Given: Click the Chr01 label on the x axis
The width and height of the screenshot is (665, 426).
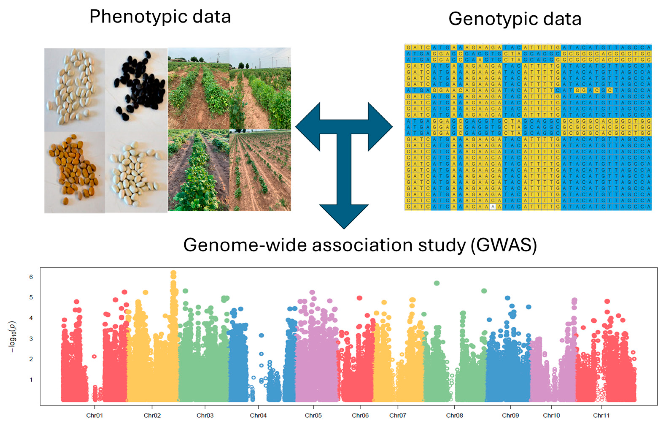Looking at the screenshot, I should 94,415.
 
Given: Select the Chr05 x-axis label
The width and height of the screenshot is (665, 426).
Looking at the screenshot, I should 313,415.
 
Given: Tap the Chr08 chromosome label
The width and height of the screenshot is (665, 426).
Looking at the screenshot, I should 454,415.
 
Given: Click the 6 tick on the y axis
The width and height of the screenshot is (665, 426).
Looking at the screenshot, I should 31,277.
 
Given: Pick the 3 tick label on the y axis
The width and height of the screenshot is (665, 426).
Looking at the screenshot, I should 31,339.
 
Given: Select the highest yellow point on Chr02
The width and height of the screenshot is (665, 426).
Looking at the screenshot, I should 173,273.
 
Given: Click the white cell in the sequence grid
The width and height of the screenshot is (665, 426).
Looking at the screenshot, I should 492,207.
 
